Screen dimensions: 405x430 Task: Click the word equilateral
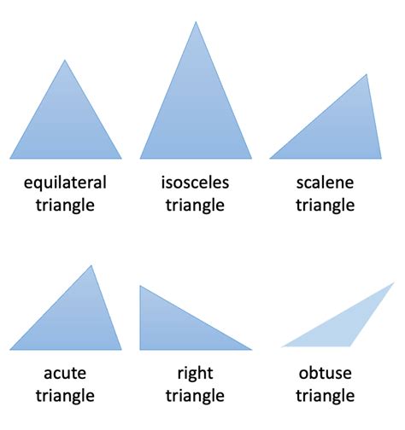(65, 183)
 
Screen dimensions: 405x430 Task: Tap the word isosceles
(195, 183)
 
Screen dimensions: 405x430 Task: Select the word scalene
(325, 183)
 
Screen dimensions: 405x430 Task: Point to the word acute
(65, 374)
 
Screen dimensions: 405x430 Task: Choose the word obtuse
(325, 373)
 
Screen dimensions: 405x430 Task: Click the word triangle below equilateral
(65, 206)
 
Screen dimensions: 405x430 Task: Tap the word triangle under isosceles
(195, 206)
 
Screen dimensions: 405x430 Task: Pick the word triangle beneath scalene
(325, 206)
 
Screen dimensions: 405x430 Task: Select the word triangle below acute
(65, 396)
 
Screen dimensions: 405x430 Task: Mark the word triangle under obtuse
(325, 396)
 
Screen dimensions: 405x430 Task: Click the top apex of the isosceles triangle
(196, 21)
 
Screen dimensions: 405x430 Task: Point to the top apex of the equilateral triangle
(65, 60)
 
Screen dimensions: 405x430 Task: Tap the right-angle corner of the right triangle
(140, 350)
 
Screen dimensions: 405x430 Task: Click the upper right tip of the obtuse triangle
(394, 282)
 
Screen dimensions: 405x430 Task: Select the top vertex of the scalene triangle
(367, 74)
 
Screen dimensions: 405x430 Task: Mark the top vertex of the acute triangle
(91, 265)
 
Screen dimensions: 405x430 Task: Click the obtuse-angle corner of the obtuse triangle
(350, 346)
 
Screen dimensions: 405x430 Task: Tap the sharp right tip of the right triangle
(252, 350)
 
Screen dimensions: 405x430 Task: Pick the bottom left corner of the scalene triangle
(270, 159)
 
